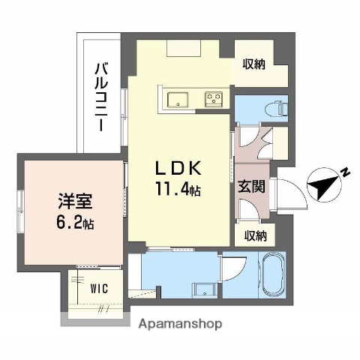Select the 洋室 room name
click(75, 202)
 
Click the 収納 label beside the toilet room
click(253, 64)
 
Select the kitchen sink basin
click(178, 98)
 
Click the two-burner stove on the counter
click(212, 98)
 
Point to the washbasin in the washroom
click(201, 289)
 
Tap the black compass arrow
click(324, 185)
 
